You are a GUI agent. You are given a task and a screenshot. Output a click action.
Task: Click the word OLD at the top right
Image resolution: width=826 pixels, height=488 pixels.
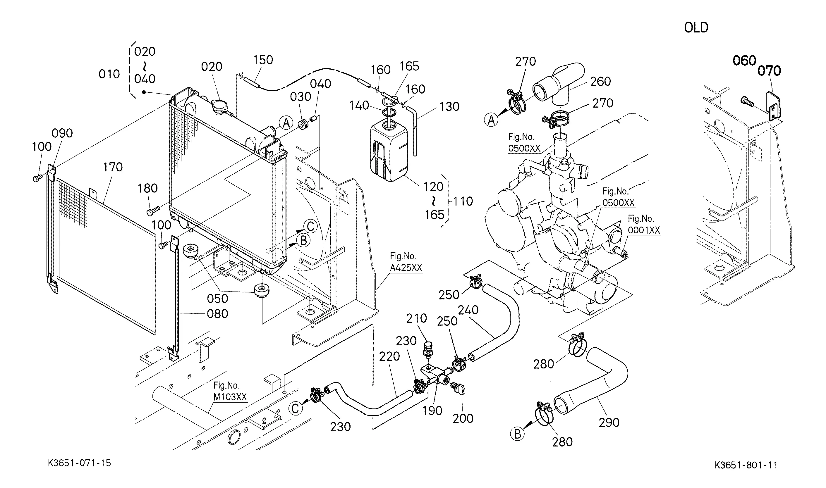[696, 27]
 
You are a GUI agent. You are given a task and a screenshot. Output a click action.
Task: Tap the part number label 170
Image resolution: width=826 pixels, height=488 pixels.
[113, 167]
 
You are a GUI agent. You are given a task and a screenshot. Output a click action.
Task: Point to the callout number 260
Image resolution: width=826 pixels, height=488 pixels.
[601, 82]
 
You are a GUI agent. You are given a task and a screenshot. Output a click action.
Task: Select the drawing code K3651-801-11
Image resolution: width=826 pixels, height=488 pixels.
[746, 465]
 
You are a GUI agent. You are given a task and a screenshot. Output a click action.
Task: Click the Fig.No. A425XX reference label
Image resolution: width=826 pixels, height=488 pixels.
[406, 262]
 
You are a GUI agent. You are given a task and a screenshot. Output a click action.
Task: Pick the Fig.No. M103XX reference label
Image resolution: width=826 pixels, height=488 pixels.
[230, 391]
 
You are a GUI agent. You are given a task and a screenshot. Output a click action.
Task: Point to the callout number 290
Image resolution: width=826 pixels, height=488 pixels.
[609, 423]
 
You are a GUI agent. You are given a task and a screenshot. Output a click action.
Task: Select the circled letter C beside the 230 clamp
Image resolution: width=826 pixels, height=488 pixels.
[295, 408]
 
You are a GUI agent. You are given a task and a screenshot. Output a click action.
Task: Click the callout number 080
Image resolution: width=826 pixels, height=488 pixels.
[217, 314]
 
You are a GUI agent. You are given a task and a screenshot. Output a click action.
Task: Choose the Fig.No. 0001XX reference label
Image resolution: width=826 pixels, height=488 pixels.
[644, 225]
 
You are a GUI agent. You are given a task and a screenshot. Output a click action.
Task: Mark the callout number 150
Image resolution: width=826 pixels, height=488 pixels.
[263, 60]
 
